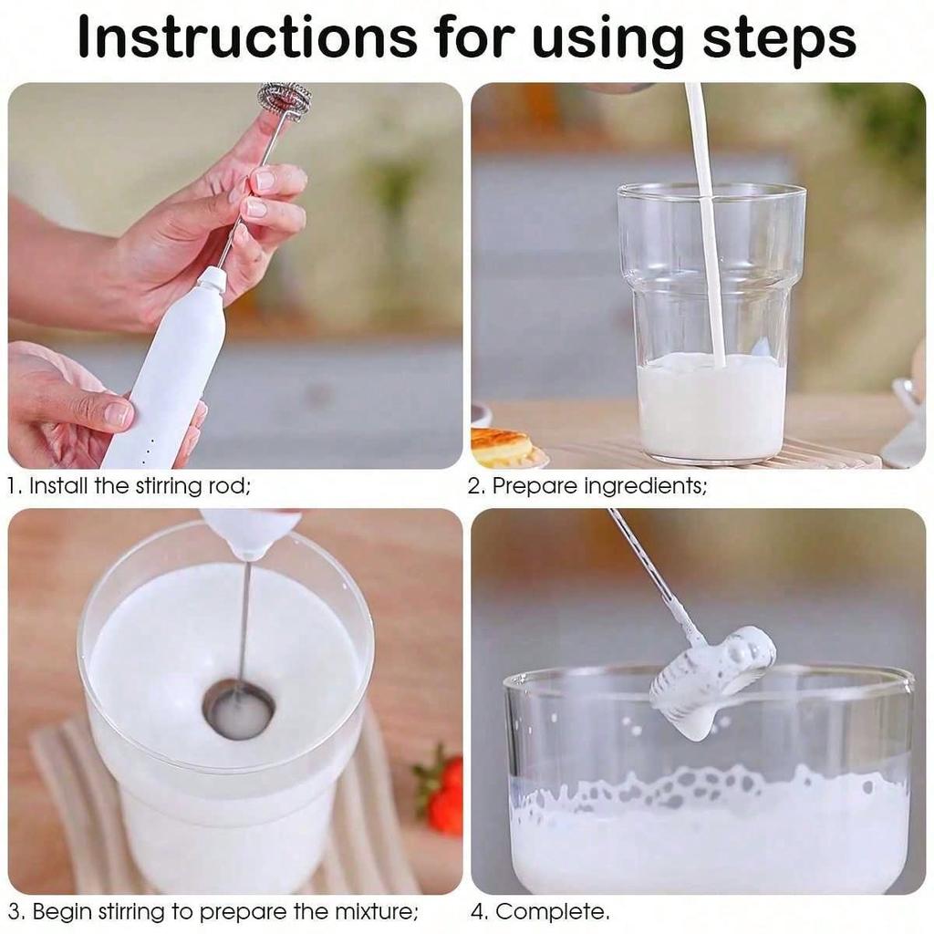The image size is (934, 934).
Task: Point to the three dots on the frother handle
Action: point(144,447)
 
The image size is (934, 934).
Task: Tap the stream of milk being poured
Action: point(708,228)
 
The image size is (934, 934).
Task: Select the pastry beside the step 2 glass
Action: point(502,447)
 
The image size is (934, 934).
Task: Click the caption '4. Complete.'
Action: point(540,911)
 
